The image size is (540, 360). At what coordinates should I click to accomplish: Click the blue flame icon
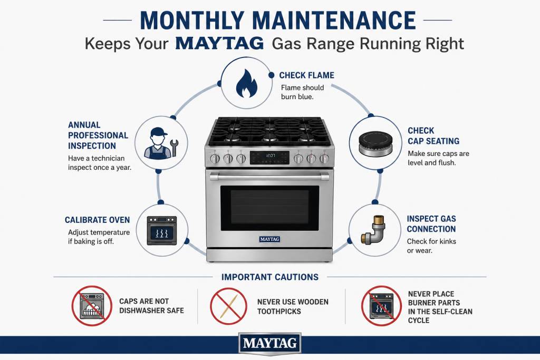point(247,83)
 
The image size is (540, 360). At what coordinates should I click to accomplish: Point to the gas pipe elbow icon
point(373,230)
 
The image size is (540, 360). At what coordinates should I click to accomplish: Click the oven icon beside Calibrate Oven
point(162,230)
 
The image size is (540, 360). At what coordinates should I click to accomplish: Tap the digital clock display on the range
point(269,158)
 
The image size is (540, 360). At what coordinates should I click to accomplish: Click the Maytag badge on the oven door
point(269,239)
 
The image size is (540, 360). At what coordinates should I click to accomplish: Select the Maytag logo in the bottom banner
point(269,343)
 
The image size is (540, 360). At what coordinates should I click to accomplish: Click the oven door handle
point(269,177)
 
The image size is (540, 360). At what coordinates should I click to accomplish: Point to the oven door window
point(269,208)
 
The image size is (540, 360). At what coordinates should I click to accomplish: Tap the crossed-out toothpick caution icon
point(229,306)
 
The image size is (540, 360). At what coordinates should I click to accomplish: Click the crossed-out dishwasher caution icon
point(92,306)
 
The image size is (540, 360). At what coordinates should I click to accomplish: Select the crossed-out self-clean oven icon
point(382,306)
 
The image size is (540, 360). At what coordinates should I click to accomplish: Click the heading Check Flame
point(306,75)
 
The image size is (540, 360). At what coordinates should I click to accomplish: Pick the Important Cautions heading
point(269,277)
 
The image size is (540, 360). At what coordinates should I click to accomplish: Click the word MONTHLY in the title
point(192,21)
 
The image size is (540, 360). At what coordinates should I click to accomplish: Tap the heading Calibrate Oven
point(98,220)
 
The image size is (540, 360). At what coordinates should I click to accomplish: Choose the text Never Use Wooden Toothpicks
point(293,307)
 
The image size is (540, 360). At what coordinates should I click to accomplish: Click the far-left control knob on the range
point(215,158)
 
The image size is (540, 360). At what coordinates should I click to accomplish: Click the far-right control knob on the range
point(324,158)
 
